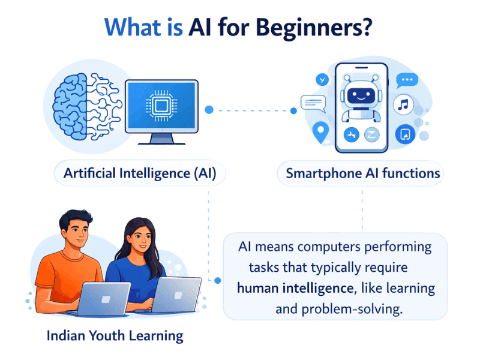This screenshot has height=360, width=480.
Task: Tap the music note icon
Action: pos(404,106)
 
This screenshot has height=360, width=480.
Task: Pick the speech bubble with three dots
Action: pos(409,79)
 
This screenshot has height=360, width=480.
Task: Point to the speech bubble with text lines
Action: pos(312,103)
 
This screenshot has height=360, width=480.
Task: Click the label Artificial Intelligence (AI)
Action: pos(140,174)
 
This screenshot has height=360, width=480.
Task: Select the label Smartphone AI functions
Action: pos(362,174)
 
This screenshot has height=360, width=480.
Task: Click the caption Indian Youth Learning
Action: pos(115,335)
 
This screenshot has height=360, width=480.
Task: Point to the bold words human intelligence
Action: pos(294,287)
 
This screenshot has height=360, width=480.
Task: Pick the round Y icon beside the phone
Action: pos(324,79)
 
